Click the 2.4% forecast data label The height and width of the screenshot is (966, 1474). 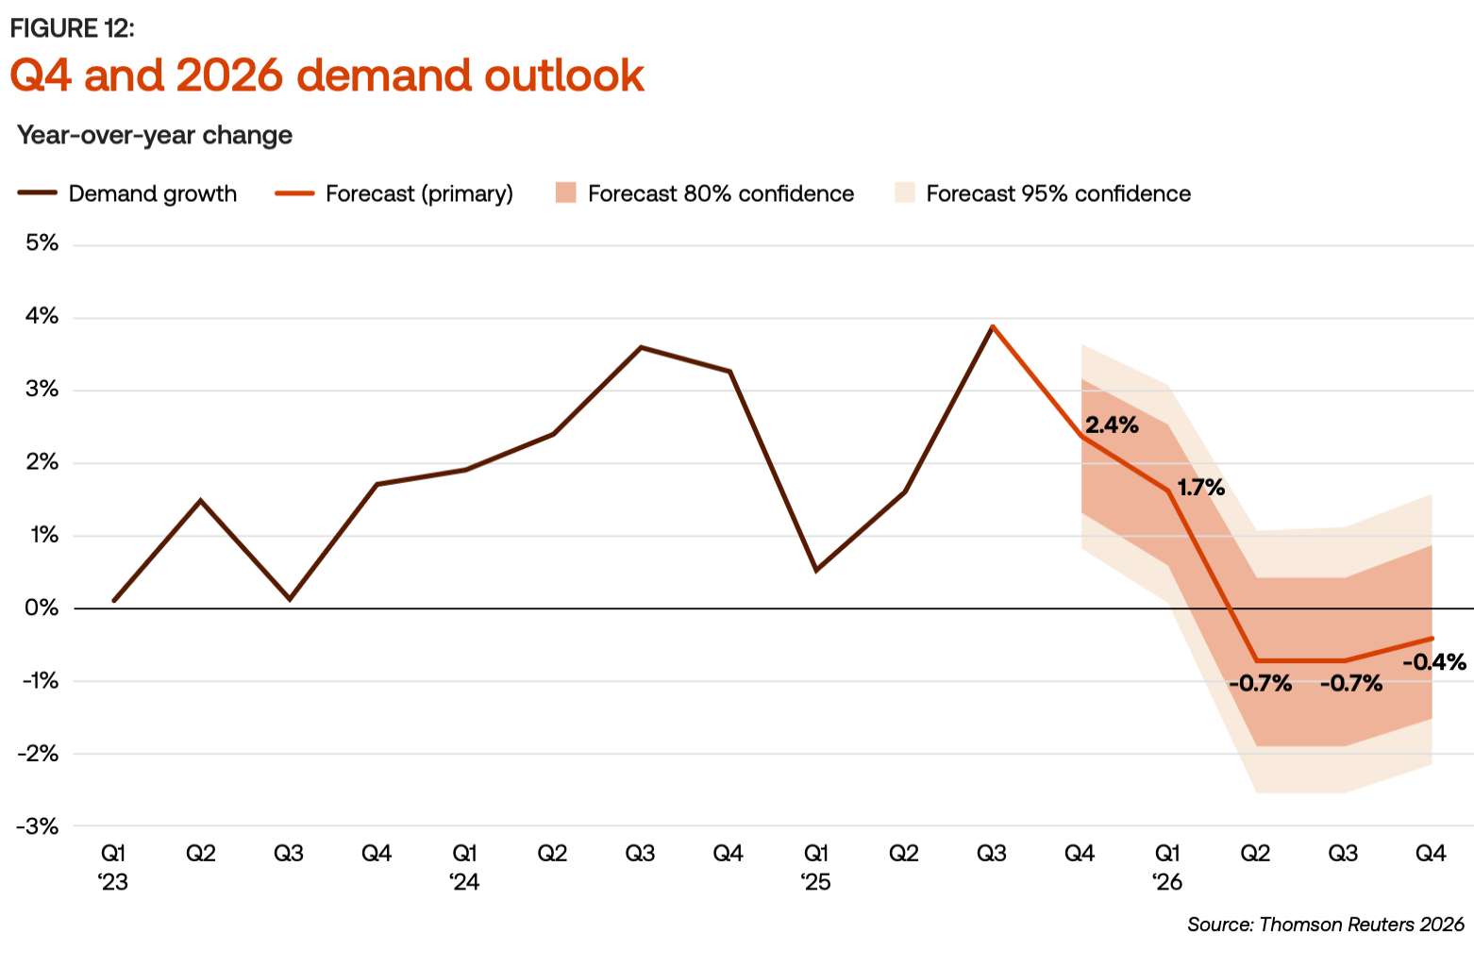pos(1112,425)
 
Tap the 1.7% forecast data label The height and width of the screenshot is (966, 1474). pos(1200,488)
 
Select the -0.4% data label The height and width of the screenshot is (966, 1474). pos(1434,662)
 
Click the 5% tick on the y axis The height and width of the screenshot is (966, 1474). pos(42,243)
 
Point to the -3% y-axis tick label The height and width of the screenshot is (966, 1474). pos(39,826)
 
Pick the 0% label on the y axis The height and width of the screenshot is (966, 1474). pos(42,608)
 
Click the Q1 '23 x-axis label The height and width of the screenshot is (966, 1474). pos(113,867)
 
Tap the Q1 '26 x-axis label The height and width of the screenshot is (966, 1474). pos(1167,867)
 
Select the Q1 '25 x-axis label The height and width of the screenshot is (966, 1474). pos(816,867)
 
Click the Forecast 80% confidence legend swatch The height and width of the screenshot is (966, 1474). pos(566,193)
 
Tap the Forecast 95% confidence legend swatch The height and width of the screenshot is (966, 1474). pos(905,193)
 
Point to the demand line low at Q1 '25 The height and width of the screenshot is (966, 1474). pos(816,571)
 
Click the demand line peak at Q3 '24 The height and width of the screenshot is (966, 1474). pos(641,347)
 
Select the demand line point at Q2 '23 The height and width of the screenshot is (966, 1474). pos(200,500)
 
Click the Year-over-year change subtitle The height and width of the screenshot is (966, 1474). pos(155,135)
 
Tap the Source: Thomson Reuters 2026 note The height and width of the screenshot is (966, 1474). pos(1325,924)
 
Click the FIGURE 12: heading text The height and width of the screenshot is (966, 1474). pos(73,28)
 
